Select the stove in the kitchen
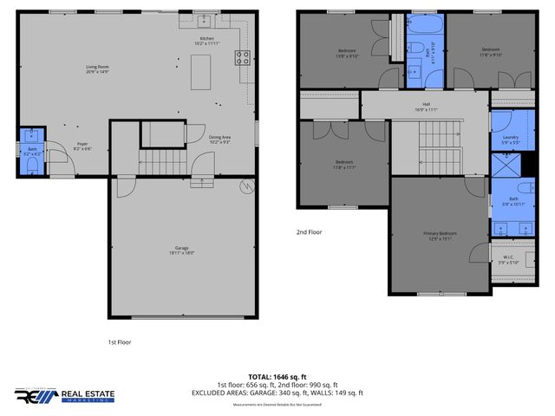(x=244, y=59)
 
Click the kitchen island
(x=204, y=72)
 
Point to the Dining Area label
(x=219, y=137)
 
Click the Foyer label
(x=82, y=146)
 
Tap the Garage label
(x=182, y=250)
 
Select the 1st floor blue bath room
(x=32, y=152)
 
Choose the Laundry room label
(x=510, y=139)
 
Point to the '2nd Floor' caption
(x=309, y=232)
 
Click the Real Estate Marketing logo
(x=61, y=394)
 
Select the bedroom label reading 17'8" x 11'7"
(x=344, y=164)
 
